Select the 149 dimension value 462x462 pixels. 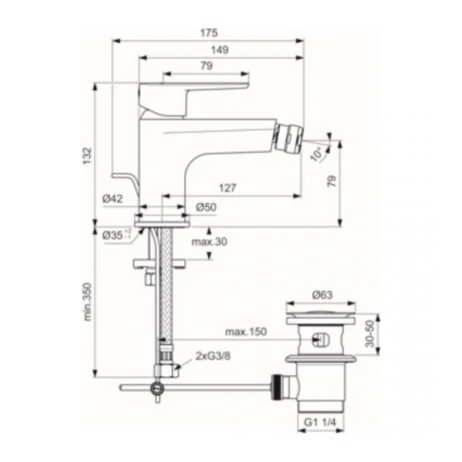pyautogui.click(x=220, y=50)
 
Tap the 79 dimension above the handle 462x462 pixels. pyautogui.click(x=206, y=66)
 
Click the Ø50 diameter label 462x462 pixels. pyautogui.click(x=205, y=207)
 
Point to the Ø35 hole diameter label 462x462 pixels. pyautogui.click(x=115, y=235)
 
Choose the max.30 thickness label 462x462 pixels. pyautogui.click(x=210, y=241)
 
